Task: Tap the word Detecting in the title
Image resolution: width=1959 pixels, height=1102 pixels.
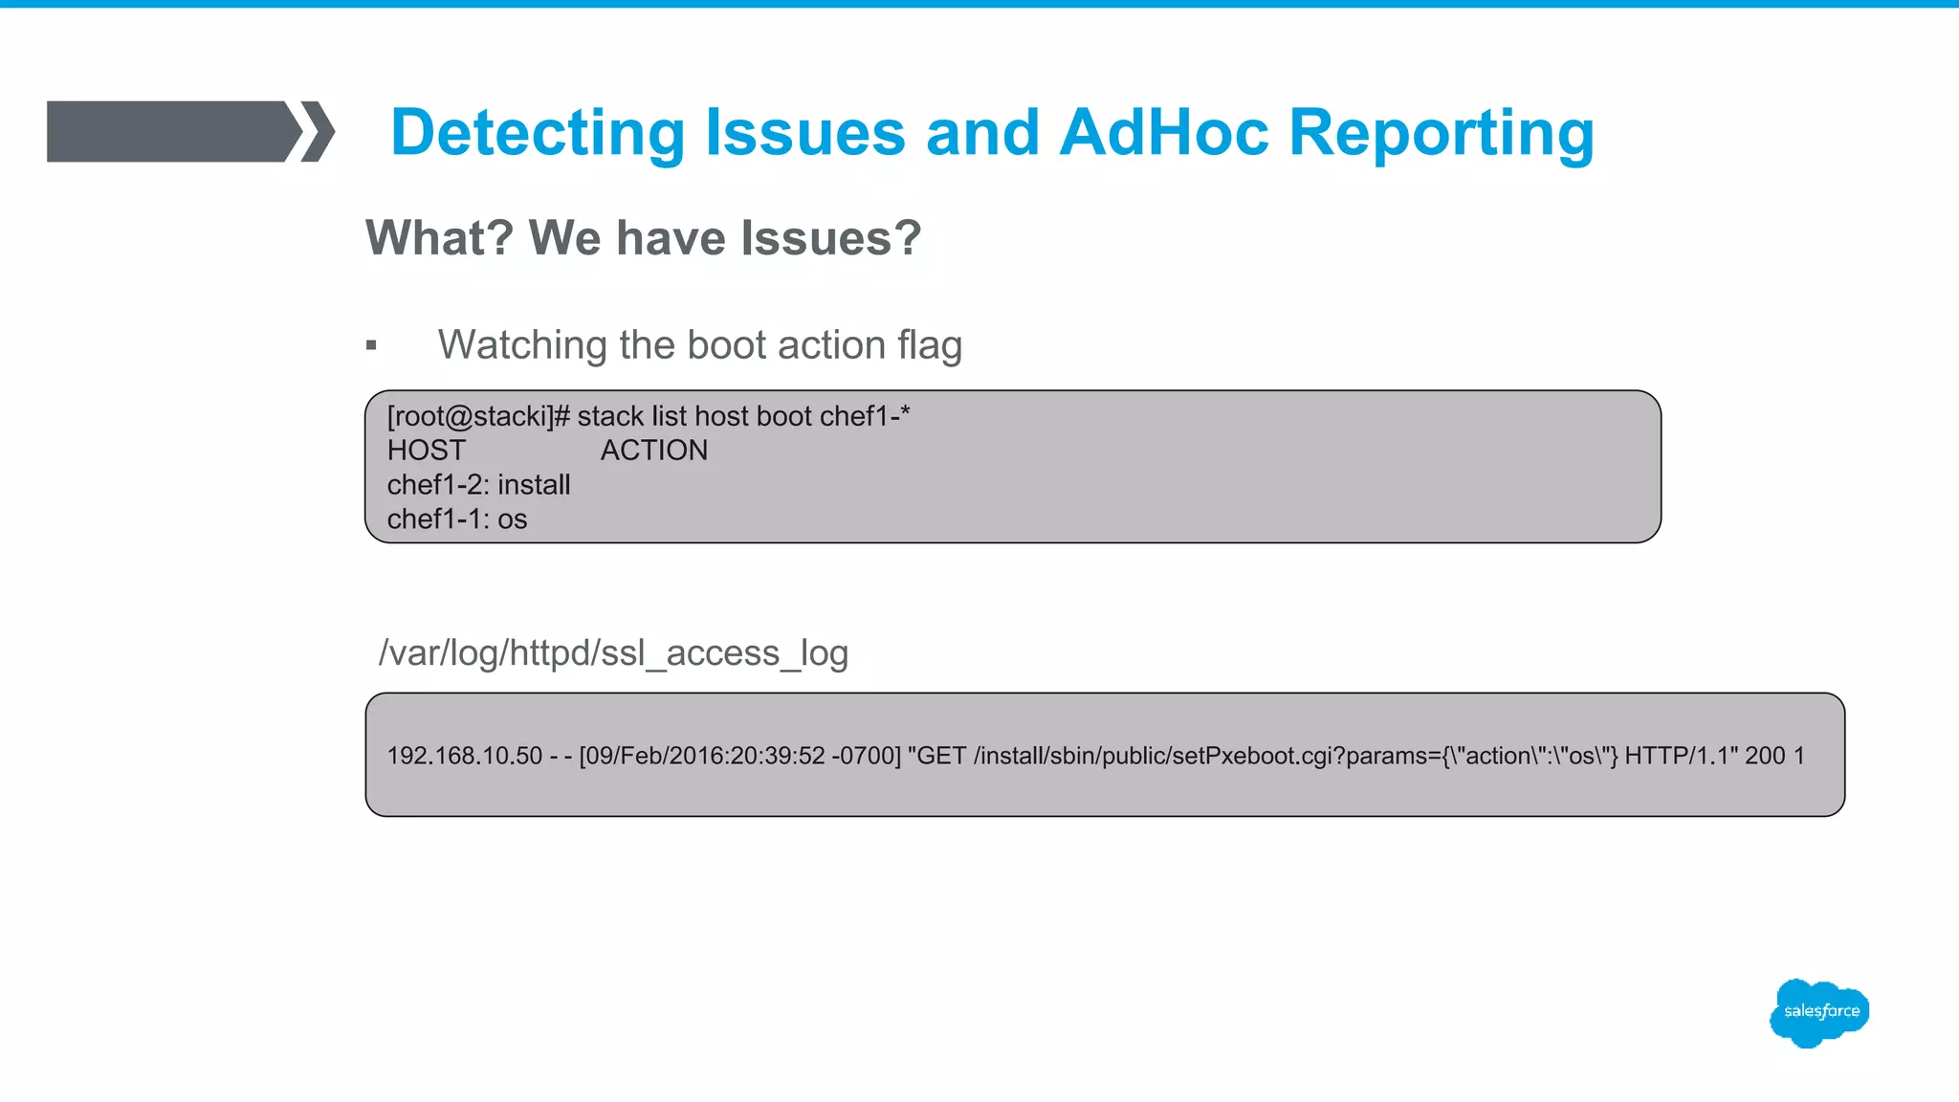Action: pyautogui.click(x=538, y=134)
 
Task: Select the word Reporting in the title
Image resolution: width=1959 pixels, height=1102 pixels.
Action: pyautogui.click(x=1441, y=134)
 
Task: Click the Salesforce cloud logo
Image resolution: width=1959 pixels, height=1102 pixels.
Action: pyautogui.click(x=1819, y=1012)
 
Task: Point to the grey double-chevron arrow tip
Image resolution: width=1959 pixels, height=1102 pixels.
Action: pyautogui.click(x=319, y=131)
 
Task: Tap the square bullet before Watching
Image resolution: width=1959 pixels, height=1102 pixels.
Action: pyautogui.click(x=371, y=345)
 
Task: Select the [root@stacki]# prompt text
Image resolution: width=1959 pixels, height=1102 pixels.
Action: pyautogui.click(x=478, y=416)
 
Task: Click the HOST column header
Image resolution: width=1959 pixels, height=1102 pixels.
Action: pyautogui.click(x=426, y=451)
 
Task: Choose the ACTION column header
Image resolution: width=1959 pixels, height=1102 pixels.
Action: pyautogui.click(x=654, y=451)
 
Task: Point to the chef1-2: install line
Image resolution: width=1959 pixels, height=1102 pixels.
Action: pyautogui.click(x=478, y=485)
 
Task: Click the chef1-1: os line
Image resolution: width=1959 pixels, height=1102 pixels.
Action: pyautogui.click(x=457, y=519)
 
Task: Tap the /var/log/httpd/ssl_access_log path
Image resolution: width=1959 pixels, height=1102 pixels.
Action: pyautogui.click(x=613, y=652)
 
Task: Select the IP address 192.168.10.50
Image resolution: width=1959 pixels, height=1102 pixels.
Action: pyautogui.click(x=465, y=756)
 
